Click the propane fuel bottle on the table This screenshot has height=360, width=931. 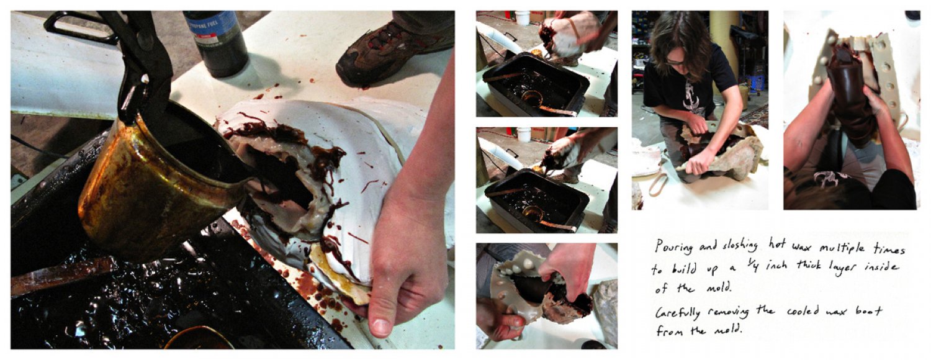(x=217, y=43)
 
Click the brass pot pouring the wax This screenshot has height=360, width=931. (x=162, y=183)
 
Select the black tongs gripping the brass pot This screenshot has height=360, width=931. (x=120, y=58)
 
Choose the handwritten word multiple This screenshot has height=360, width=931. (x=842, y=249)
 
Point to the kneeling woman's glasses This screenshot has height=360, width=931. (x=676, y=62)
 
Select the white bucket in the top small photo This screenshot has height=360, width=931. (x=522, y=17)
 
